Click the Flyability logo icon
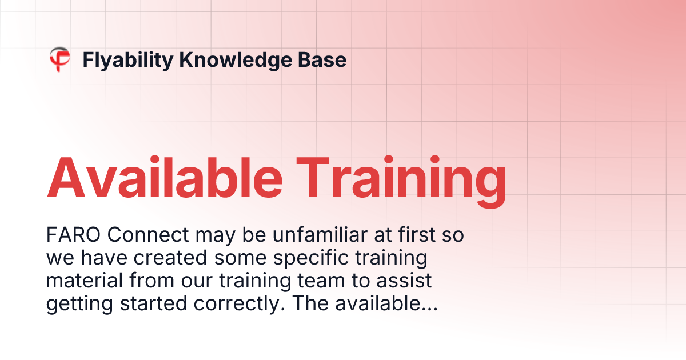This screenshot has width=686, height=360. pos(59,59)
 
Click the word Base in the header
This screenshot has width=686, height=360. pos(326,59)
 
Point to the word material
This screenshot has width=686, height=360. pos(81,281)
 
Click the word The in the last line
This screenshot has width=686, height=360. pos(309,304)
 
